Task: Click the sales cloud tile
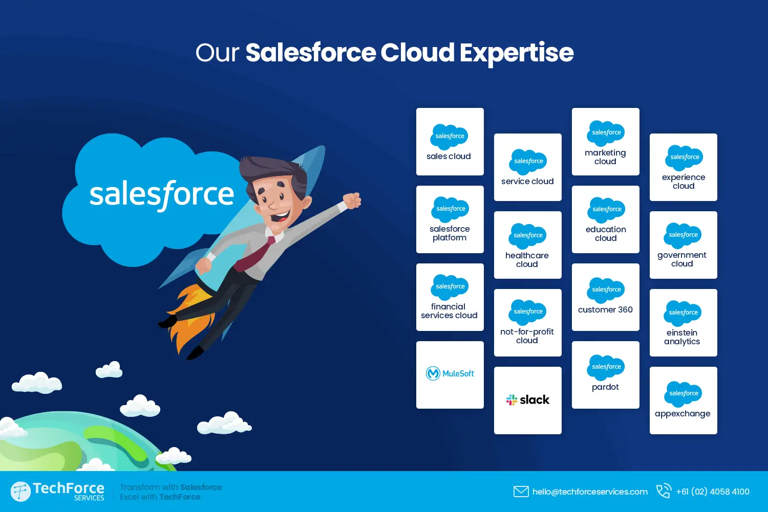click(x=450, y=142)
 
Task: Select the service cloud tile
click(x=527, y=167)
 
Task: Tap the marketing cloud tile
click(x=605, y=142)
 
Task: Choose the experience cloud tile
click(x=683, y=167)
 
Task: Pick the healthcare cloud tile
click(x=527, y=245)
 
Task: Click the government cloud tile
click(x=683, y=245)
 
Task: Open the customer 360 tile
click(x=605, y=297)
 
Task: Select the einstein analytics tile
click(x=683, y=323)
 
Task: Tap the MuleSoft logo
click(x=450, y=374)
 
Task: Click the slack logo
click(x=527, y=400)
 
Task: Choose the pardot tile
click(x=605, y=375)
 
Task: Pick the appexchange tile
click(x=683, y=400)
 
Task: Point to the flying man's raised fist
click(x=352, y=200)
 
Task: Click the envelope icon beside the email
click(x=521, y=492)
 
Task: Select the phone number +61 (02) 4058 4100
click(x=712, y=492)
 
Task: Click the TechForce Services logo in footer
click(x=57, y=491)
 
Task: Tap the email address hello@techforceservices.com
click(x=590, y=492)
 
